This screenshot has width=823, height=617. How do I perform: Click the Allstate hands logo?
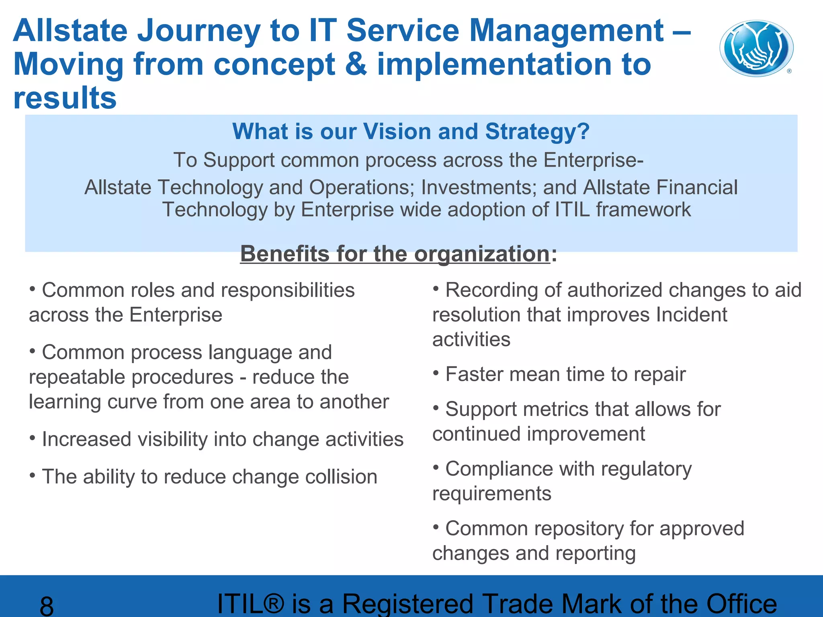click(756, 49)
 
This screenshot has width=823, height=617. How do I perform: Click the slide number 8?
click(47, 606)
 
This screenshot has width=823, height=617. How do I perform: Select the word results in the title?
click(65, 98)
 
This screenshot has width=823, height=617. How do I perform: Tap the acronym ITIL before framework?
click(572, 210)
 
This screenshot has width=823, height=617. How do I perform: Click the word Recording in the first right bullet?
click(491, 290)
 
